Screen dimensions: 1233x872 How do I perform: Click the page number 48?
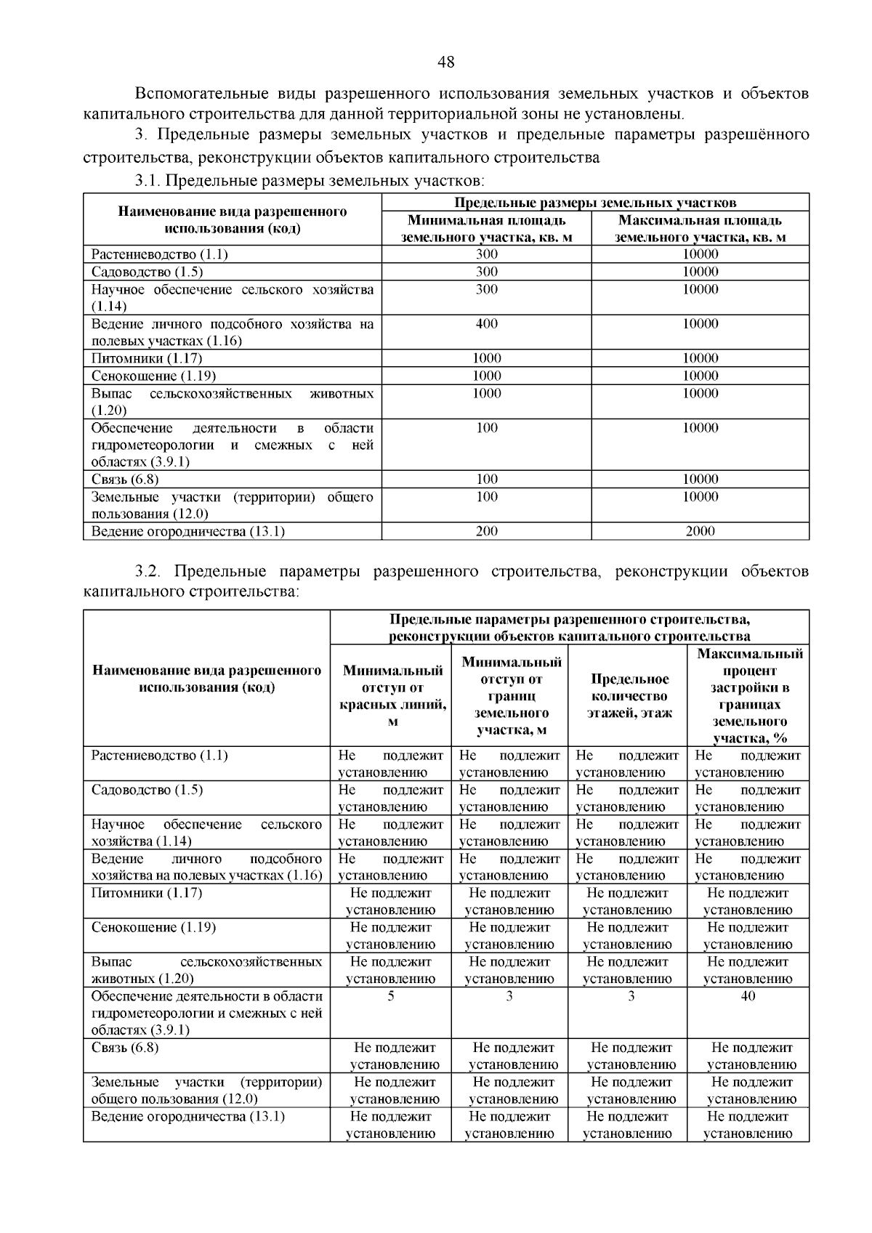click(445, 62)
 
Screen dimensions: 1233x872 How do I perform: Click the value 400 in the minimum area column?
click(486, 324)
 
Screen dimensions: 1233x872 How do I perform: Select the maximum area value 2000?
click(700, 531)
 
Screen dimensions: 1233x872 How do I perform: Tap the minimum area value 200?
click(486, 531)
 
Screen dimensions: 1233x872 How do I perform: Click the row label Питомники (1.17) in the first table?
click(147, 358)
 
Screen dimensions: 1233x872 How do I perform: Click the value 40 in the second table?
click(748, 996)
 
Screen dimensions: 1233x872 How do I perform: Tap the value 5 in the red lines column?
click(391, 996)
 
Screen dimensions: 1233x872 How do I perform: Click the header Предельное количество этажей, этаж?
click(629, 696)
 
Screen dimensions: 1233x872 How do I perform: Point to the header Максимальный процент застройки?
click(749, 696)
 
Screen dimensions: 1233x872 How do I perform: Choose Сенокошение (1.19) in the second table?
click(153, 928)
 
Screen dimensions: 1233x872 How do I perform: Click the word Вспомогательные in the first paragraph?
click(201, 94)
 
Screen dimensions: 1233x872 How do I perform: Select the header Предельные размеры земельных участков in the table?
click(595, 203)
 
